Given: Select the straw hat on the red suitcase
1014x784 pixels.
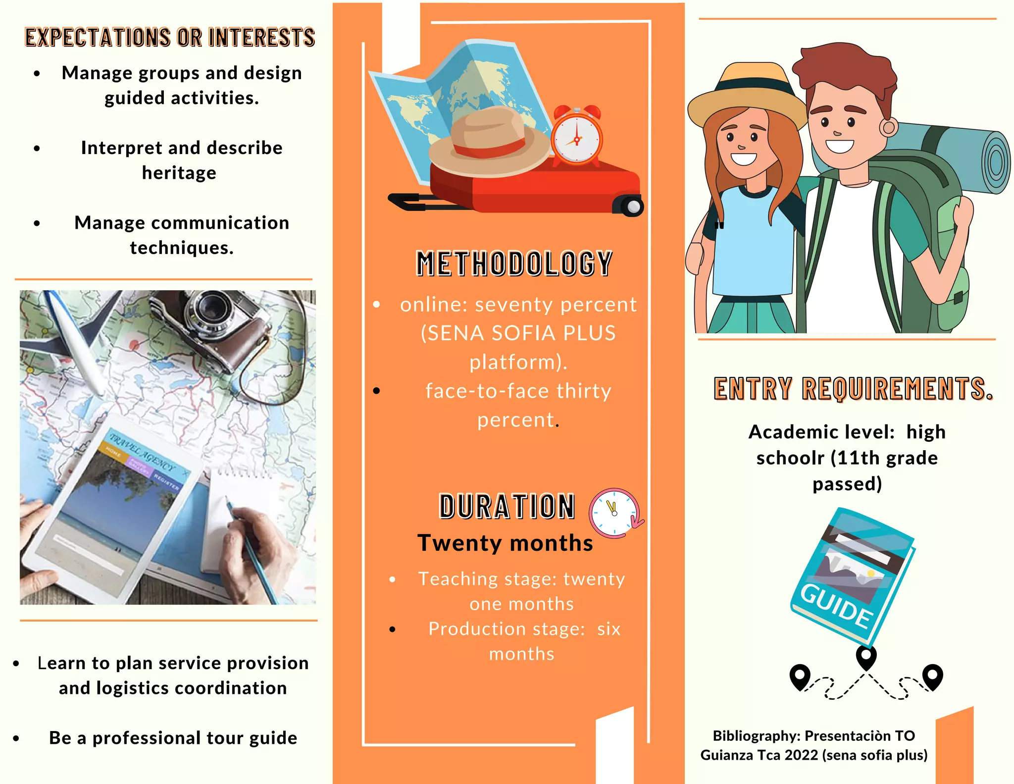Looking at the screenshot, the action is pyautogui.click(x=489, y=142).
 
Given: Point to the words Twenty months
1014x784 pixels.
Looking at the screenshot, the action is pyautogui.click(x=506, y=543).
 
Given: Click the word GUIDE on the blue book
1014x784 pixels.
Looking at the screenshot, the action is pyautogui.click(x=837, y=605).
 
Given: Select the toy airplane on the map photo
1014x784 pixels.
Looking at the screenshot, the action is pyautogui.click(x=74, y=337).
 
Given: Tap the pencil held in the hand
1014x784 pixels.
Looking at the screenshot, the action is pyautogui.click(x=250, y=550).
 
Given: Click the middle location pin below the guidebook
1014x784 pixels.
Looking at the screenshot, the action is pyautogui.click(x=866, y=658).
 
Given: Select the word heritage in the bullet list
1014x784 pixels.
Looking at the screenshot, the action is pyautogui.click(x=179, y=173).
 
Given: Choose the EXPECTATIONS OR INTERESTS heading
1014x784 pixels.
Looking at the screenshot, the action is pyautogui.click(x=170, y=38).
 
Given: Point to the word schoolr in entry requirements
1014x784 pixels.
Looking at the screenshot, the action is pyautogui.click(x=790, y=458).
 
